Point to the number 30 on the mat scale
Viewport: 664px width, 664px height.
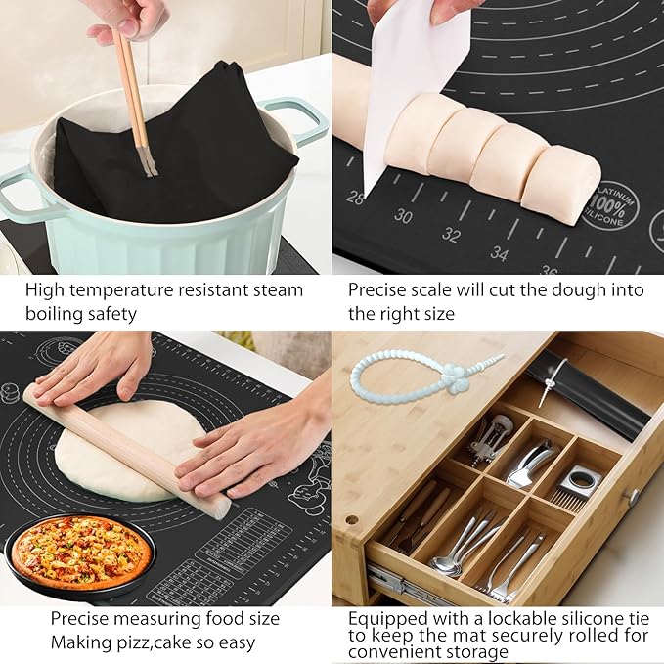[x=403, y=216]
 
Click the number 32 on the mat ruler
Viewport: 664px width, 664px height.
[x=451, y=235]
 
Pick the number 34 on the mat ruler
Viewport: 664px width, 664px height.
[x=500, y=253]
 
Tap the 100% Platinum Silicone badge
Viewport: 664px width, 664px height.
[x=611, y=205]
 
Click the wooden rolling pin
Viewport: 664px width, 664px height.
[x=127, y=449]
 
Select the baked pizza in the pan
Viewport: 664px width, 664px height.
[x=81, y=553]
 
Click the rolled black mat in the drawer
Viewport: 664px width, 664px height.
[x=587, y=391]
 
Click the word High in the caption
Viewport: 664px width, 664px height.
[x=45, y=290]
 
